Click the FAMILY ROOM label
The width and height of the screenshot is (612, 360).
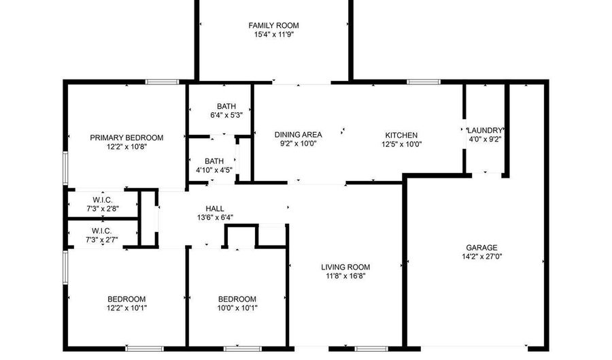point(273,26)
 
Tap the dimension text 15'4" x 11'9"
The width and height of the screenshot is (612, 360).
point(273,35)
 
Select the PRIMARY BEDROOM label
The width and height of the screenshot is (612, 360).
point(126,138)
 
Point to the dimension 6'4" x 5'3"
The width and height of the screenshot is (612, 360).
point(226,115)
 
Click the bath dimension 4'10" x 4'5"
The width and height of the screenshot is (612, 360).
point(214,170)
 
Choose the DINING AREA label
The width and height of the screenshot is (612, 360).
point(299,135)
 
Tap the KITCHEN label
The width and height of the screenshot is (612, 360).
point(401,135)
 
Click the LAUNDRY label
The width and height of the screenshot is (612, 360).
point(485,131)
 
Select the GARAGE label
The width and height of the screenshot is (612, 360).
point(481,248)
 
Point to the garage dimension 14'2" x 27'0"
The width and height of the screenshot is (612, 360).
point(481,257)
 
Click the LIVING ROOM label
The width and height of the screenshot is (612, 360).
point(345,267)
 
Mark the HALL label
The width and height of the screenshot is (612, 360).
point(215,209)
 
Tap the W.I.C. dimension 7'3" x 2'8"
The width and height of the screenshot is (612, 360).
point(102,209)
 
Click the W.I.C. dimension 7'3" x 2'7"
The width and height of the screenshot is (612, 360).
point(101,240)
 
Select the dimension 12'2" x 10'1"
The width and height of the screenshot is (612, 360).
point(126,308)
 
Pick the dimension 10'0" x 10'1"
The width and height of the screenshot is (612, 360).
point(237,308)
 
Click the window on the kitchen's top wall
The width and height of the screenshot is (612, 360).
point(424,82)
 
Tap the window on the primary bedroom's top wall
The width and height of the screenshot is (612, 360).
point(163,82)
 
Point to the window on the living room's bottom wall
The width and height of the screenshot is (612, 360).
point(371,348)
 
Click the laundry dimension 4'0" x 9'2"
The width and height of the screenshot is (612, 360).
point(485,140)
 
